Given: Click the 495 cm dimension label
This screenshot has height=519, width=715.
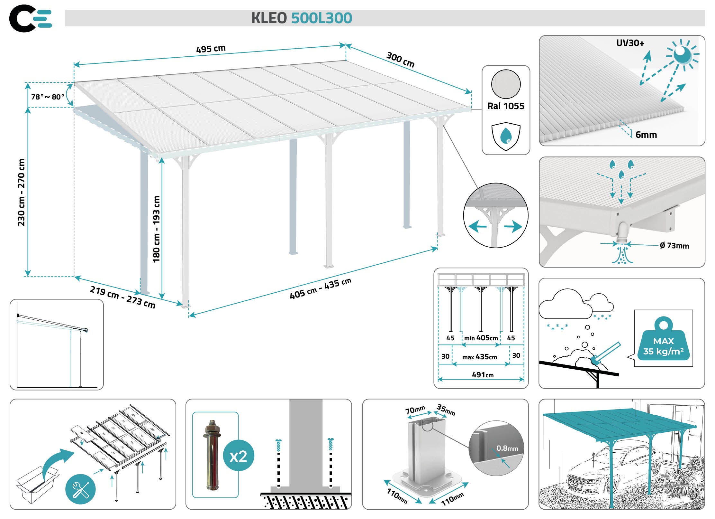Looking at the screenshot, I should pyautogui.click(x=211, y=49).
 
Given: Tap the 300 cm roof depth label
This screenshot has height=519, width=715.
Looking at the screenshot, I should pyautogui.click(x=400, y=60).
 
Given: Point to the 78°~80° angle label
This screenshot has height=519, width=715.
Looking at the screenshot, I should pyautogui.click(x=48, y=97).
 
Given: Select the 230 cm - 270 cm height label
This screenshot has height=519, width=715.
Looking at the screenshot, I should pyautogui.click(x=21, y=192).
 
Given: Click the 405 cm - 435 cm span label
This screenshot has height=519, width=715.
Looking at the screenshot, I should pyautogui.click(x=320, y=288).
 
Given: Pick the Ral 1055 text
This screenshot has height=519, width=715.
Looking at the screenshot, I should pyautogui.click(x=506, y=106).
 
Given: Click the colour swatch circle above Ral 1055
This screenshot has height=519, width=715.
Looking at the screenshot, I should pyautogui.click(x=506, y=84).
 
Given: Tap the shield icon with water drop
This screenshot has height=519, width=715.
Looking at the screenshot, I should pyautogui.click(x=506, y=136).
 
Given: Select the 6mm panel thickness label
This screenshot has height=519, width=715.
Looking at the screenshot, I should pyautogui.click(x=646, y=135).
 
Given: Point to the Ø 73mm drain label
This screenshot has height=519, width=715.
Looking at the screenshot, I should pyautogui.click(x=674, y=246).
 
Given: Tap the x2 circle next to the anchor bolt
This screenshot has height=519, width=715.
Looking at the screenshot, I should pyautogui.click(x=238, y=456).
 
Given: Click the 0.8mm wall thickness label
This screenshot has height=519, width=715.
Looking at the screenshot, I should pyautogui.click(x=507, y=448).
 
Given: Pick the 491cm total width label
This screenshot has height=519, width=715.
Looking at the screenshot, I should pyautogui.click(x=482, y=375).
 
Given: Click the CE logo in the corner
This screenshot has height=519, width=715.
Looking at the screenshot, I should pyautogui.click(x=31, y=18).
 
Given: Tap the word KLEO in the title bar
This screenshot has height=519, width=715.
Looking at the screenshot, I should pyautogui.click(x=269, y=18).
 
